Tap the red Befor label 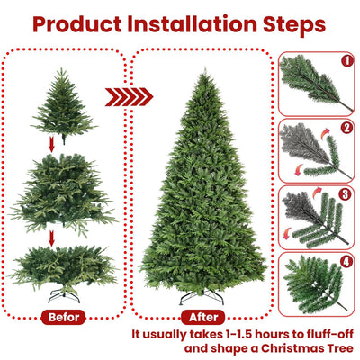(x=64, y=317)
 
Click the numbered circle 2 (x=347, y=127)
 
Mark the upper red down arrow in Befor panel (x=52, y=142)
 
